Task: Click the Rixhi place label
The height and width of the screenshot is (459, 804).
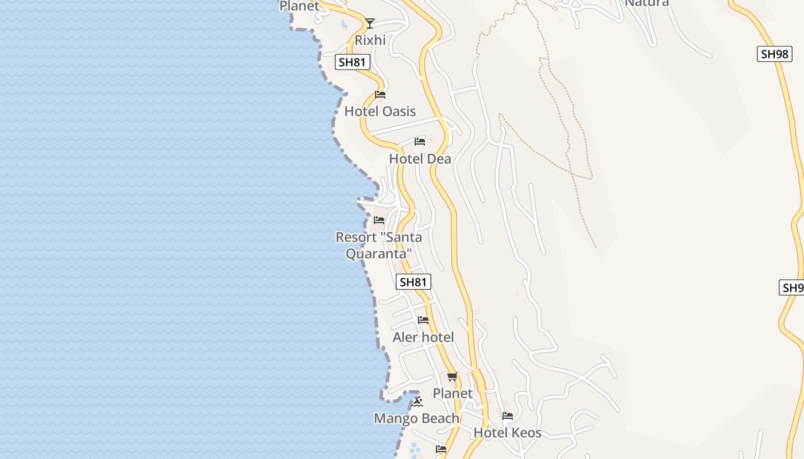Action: coord(370,40)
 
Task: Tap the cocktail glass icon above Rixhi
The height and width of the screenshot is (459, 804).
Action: coord(370,24)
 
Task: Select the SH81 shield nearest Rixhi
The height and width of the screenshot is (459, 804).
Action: coord(352,62)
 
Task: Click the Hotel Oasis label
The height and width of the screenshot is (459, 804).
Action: coord(380,111)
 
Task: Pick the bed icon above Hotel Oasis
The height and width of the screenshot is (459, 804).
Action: coord(380,95)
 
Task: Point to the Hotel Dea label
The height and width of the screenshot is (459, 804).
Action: coord(420,159)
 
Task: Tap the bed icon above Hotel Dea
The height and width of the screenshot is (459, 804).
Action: coord(420,142)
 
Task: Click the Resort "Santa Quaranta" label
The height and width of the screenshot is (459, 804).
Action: coord(378,245)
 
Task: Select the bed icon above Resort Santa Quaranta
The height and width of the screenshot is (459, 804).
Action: coord(378,220)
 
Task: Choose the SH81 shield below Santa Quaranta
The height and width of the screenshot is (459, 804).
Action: coord(413,282)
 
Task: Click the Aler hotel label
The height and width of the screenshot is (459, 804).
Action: coord(423,337)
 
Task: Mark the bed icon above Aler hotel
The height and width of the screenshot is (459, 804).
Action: coord(423,320)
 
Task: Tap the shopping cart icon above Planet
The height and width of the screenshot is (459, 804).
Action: coord(453,377)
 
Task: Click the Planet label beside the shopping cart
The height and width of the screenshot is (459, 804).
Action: coord(453,394)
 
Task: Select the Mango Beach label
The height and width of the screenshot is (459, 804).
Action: coord(416,418)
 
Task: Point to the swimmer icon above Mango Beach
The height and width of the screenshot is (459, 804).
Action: coord(418,402)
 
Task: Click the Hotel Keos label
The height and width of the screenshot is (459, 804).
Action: coord(507,433)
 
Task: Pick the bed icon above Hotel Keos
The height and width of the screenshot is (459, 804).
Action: coord(508,416)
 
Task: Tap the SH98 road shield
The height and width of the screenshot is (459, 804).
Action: coord(774,54)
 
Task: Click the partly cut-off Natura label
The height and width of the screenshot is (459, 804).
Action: coord(647,3)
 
